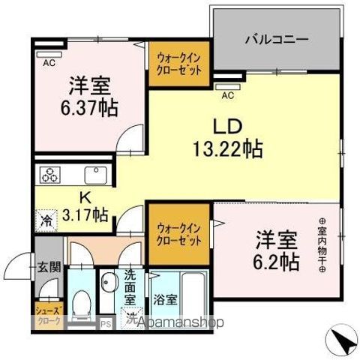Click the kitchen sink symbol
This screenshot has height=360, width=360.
point(98,175)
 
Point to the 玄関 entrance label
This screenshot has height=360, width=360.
point(49,266)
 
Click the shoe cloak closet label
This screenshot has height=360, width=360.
point(49,314)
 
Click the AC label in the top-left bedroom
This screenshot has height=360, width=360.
point(48,63)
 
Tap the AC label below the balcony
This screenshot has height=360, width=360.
point(226,95)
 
